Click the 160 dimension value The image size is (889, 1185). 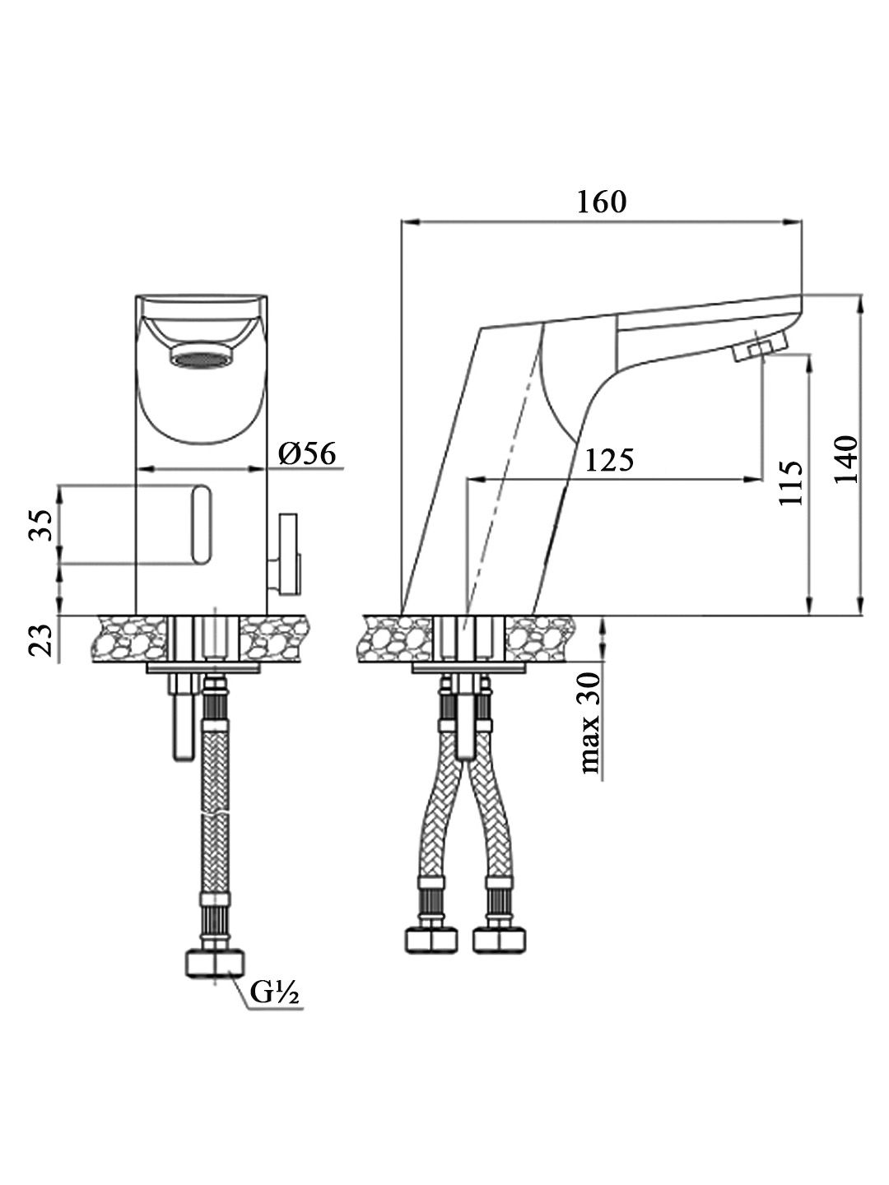coord(601,202)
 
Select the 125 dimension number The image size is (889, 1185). coord(609,460)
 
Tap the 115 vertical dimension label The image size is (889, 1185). coord(791,483)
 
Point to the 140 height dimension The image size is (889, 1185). coord(846,459)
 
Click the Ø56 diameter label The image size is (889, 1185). coord(307,453)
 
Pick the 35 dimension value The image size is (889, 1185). coord(41,525)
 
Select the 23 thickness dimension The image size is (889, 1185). coord(41,640)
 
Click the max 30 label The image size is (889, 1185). coord(591,723)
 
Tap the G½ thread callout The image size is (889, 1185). coord(274,992)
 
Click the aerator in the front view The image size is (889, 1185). coord(200,357)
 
